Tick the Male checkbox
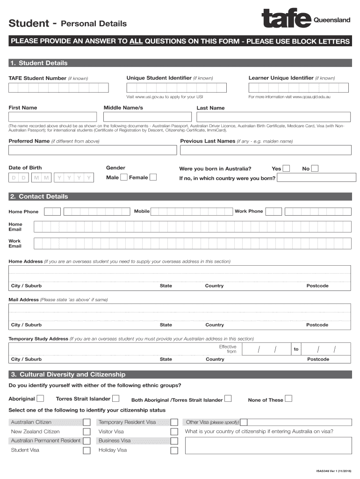coord(124,177)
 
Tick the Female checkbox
coord(153,177)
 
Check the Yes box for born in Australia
coord(286,168)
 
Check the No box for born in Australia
coord(315,168)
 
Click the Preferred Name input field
coord(93,150)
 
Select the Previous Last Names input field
coord(265,150)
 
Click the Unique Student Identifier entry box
coord(176,87)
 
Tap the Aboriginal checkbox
coord(41,399)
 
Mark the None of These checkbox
coord(288,399)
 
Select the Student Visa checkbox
coord(86,450)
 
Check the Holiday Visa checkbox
coord(174,450)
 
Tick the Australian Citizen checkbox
coord(86,422)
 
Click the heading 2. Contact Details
coord(43,196)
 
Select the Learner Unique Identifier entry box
coord(298,87)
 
